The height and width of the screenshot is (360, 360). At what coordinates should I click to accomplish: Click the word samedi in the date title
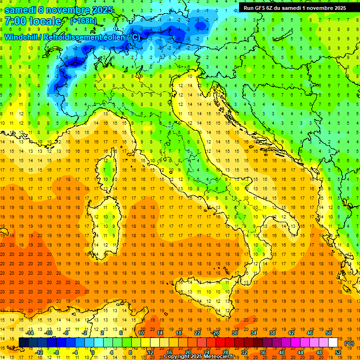tap(22, 9)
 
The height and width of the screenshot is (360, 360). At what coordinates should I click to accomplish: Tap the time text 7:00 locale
tap(33, 21)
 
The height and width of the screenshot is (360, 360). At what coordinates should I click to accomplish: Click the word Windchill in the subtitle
tap(22, 37)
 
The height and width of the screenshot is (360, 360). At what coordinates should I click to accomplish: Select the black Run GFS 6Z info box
tap(295, 7)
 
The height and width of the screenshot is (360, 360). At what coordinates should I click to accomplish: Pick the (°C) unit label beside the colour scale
tap(349, 343)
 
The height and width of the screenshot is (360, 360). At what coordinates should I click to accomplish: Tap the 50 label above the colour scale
tap(329, 333)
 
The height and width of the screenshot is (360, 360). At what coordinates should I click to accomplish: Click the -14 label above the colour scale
tap(30, 333)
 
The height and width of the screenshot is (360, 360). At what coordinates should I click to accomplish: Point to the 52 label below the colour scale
tap(338, 352)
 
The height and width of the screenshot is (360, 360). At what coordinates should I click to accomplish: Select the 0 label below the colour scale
tap(93, 352)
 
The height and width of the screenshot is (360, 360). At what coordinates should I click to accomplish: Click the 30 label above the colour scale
tap(235, 333)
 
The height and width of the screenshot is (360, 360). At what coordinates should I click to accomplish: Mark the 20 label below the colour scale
tap(187, 352)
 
